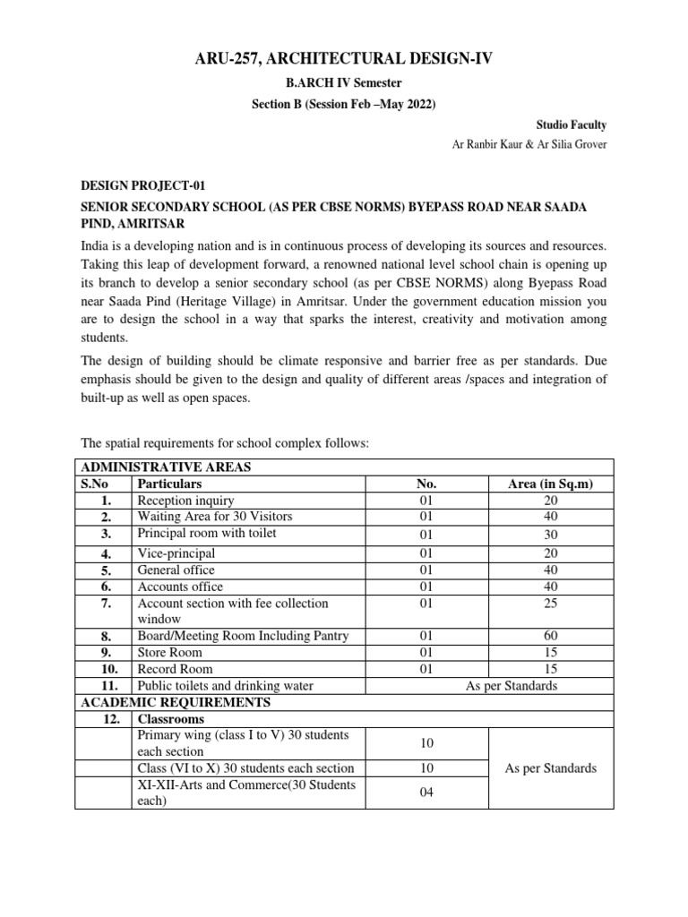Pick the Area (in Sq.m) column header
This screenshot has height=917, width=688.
[x=550, y=484]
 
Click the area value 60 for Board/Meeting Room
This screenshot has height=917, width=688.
[x=550, y=636]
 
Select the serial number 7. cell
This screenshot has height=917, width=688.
[x=106, y=604]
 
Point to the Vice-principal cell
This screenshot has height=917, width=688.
[x=176, y=553]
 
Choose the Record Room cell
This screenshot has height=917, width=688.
[x=175, y=669]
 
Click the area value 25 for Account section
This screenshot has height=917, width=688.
[x=550, y=604]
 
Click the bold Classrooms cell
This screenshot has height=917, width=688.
[x=170, y=719]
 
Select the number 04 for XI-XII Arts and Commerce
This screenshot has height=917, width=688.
[x=427, y=793]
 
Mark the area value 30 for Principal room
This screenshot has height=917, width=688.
[x=550, y=535]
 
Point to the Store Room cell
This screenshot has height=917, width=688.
[x=170, y=653]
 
